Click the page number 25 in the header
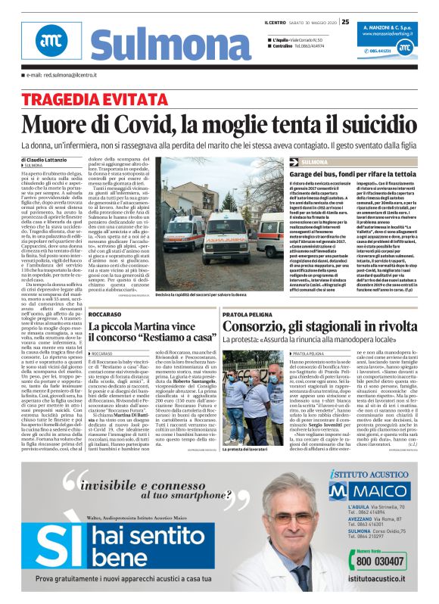[x=344, y=22]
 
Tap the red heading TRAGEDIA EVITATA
[x=86, y=100]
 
